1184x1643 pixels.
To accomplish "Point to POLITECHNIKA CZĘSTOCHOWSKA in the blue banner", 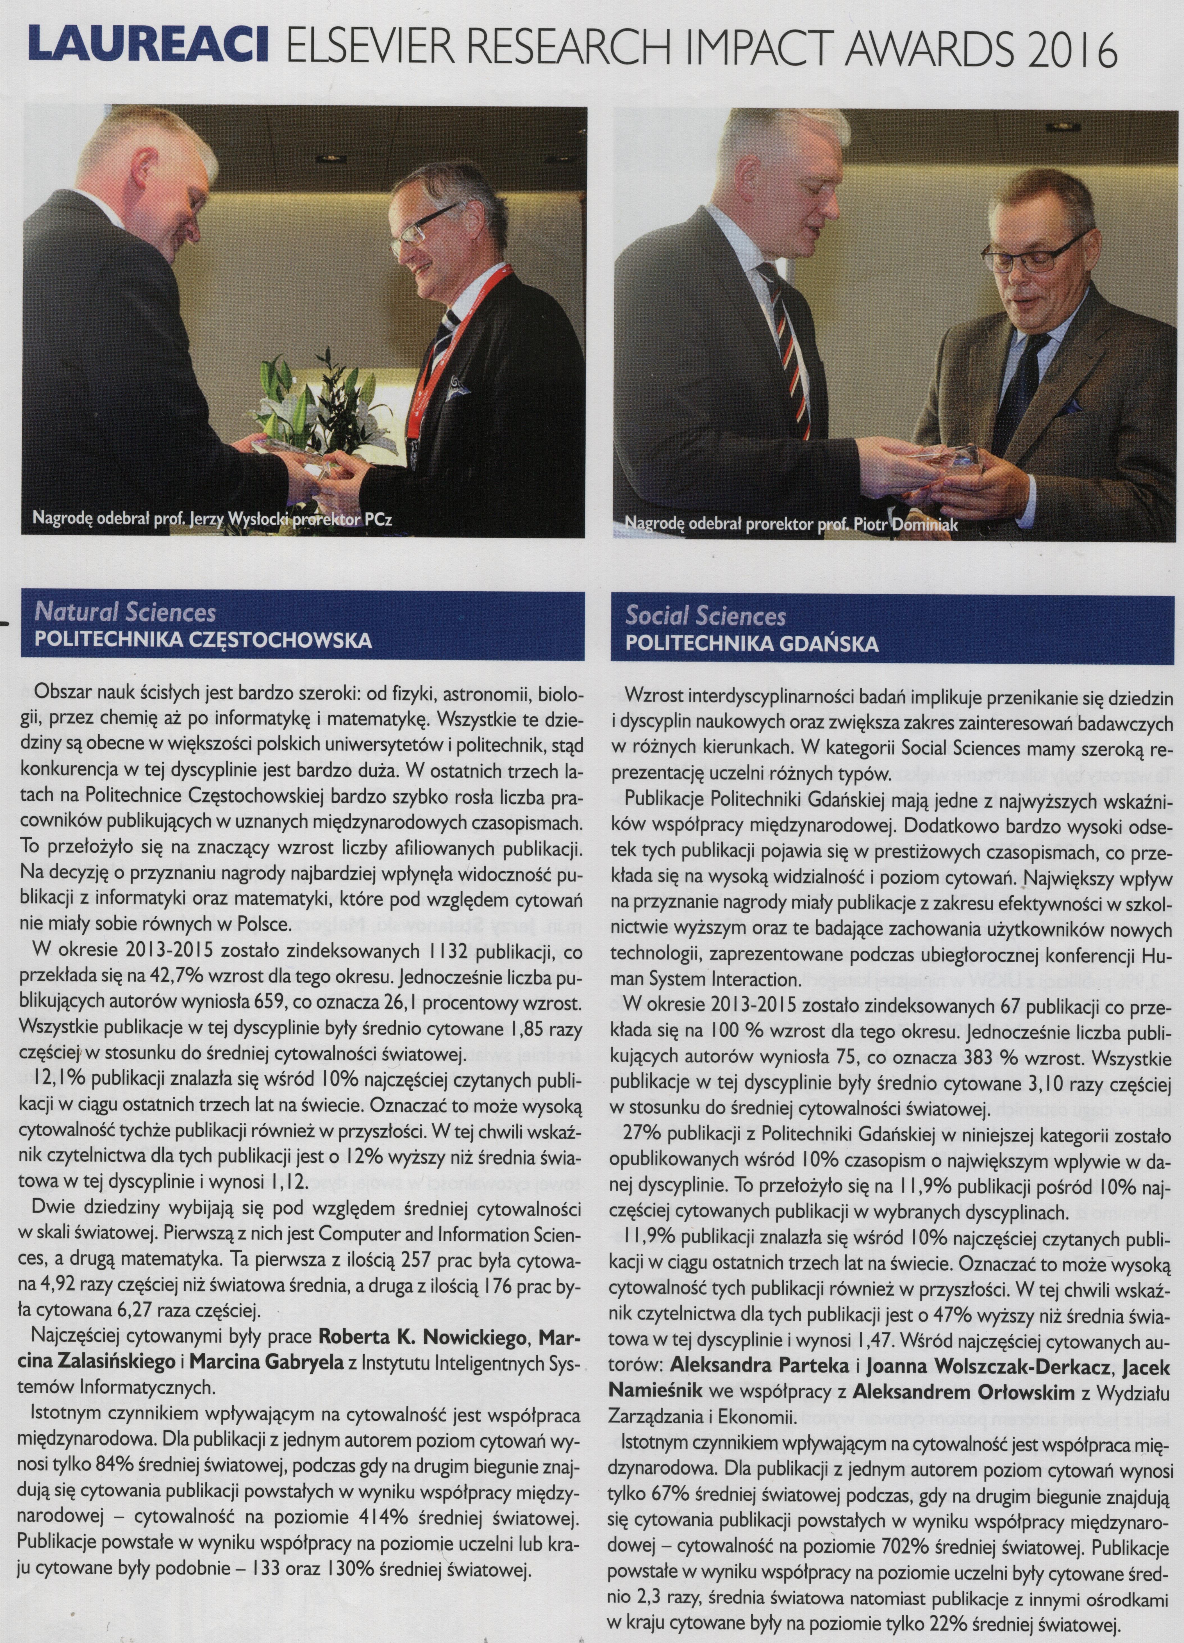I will pyautogui.click(x=204, y=641).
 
